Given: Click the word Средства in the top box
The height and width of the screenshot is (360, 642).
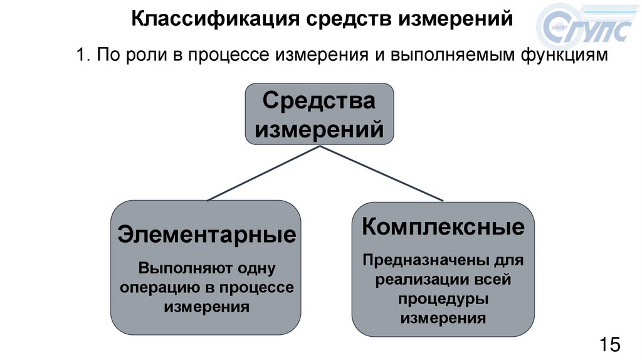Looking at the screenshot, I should (x=318, y=100).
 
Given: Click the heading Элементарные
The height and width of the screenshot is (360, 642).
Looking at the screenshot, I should (x=206, y=236).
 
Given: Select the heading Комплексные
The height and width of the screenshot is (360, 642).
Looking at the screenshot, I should (x=443, y=226).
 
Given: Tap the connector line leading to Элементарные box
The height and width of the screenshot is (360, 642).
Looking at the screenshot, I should (x=263, y=174).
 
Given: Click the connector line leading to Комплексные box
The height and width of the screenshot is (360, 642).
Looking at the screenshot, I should (x=382, y=174).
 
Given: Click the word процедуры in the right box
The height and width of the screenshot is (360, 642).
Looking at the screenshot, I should (x=443, y=299).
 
